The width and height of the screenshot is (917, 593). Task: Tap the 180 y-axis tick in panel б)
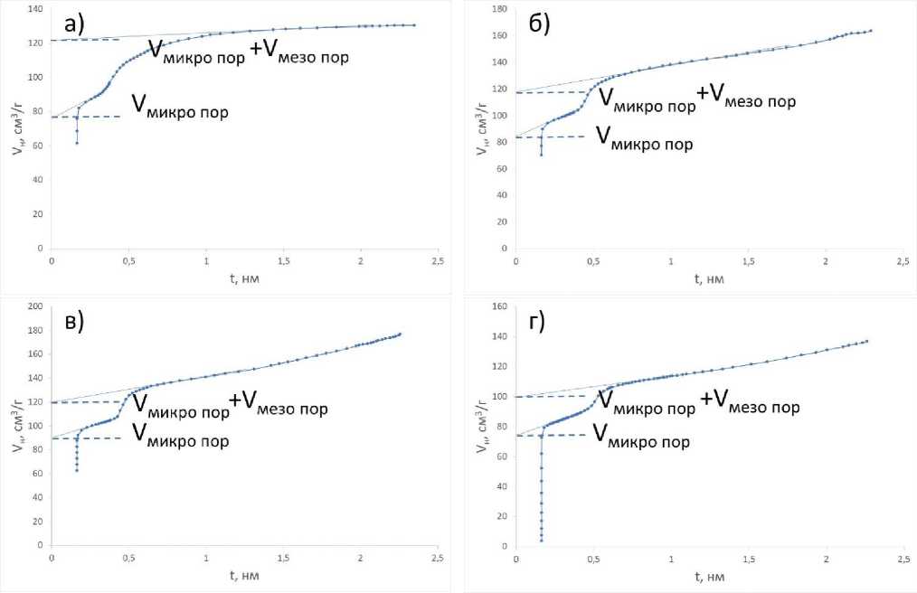498,8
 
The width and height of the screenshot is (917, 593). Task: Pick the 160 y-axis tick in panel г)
498,306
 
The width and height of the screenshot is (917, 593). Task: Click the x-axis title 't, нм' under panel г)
709,576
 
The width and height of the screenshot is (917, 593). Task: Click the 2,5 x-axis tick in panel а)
438,260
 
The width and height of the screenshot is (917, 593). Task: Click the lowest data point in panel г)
541,540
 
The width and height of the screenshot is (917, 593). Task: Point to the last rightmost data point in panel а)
414,25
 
